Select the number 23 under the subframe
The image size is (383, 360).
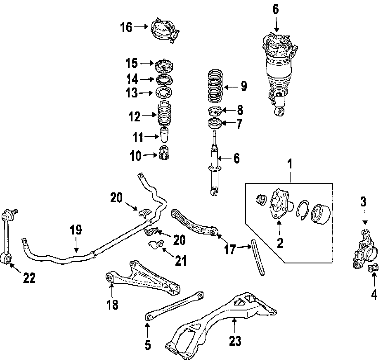click(234, 341)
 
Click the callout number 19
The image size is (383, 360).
click(76, 230)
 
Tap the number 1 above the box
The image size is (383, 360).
click(290, 164)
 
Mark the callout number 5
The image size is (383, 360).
click(148, 345)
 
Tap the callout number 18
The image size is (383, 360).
click(112, 305)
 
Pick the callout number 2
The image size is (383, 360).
click(280, 242)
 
